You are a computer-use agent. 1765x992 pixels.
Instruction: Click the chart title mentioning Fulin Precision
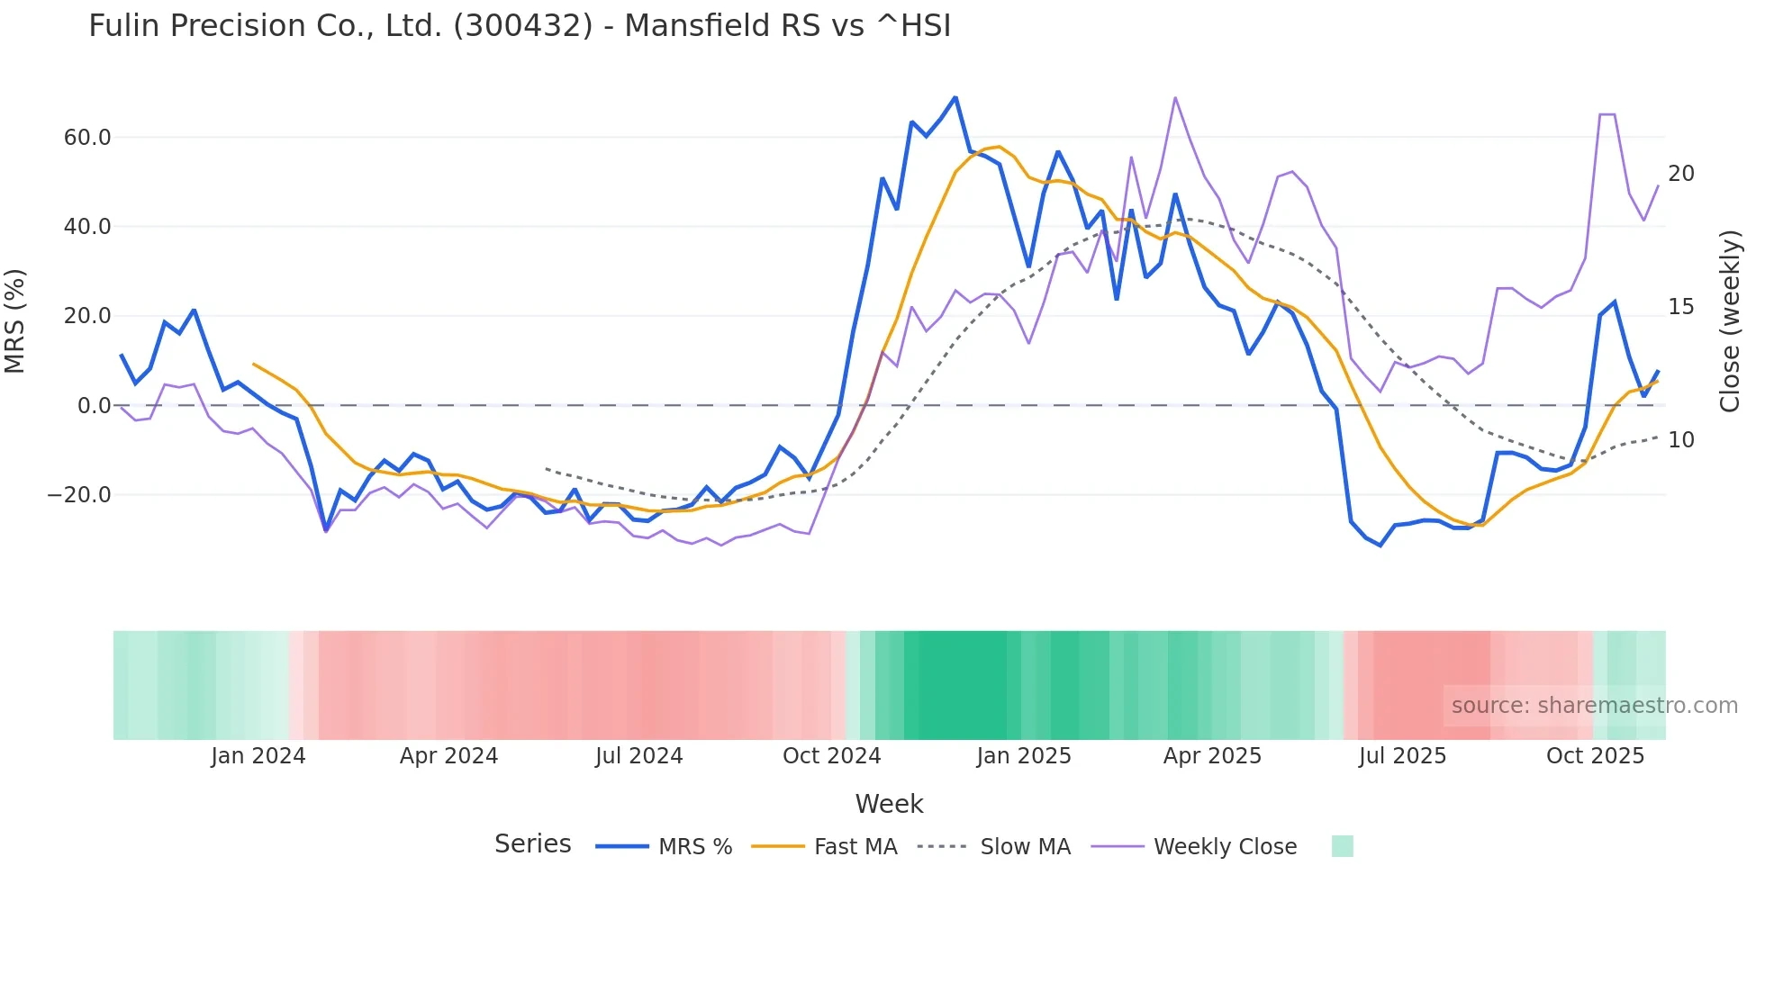pyautogui.click(x=520, y=26)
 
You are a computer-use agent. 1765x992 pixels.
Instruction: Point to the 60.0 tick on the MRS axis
pyautogui.click(x=87, y=138)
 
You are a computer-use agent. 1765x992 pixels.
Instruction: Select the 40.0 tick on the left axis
pyautogui.click(x=87, y=227)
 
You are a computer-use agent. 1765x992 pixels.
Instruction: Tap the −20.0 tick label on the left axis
pyautogui.click(x=79, y=495)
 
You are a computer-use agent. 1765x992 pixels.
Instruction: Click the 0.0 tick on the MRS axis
pyautogui.click(x=94, y=406)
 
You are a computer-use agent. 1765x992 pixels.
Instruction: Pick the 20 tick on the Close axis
pyautogui.click(x=1681, y=174)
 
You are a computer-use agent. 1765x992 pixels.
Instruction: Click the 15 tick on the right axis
pyautogui.click(x=1681, y=307)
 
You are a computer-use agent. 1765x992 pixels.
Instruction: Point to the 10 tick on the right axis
pyautogui.click(x=1681, y=440)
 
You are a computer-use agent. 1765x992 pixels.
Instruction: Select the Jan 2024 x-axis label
pyautogui.click(x=258, y=756)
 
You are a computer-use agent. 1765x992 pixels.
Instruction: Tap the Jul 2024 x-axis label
pyautogui.click(x=639, y=756)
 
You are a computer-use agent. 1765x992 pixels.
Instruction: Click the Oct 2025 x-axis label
pyautogui.click(x=1595, y=756)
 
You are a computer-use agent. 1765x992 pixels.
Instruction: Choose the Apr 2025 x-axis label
pyautogui.click(x=1212, y=756)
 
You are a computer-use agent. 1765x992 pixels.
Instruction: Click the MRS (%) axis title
pyautogui.click(x=15, y=321)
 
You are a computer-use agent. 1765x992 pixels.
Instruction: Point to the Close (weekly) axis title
pyautogui.click(x=1730, y=321)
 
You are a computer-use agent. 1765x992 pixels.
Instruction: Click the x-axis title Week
pyautogui.click(x=889, y=804)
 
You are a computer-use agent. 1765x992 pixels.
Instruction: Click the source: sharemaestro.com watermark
pyautogui.click(x=1594, y=706)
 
